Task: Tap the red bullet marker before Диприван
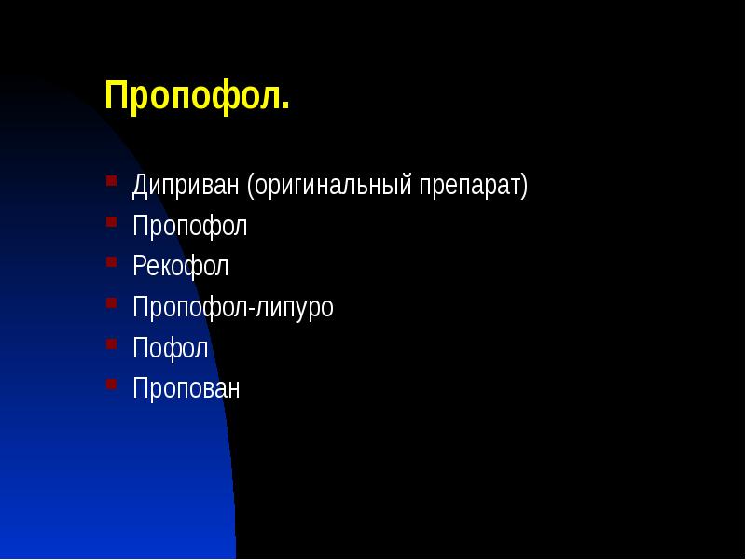(112, 179)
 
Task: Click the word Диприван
(186, 186)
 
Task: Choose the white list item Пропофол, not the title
(190, 227)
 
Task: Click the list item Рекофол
(180, 267)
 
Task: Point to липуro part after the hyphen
(294, 308)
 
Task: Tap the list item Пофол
(170, 348)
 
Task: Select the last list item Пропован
(186, 388)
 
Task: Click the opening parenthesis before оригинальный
(251, 186)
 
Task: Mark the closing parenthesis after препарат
(524, 186)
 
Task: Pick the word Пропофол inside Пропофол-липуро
(190, 308)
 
